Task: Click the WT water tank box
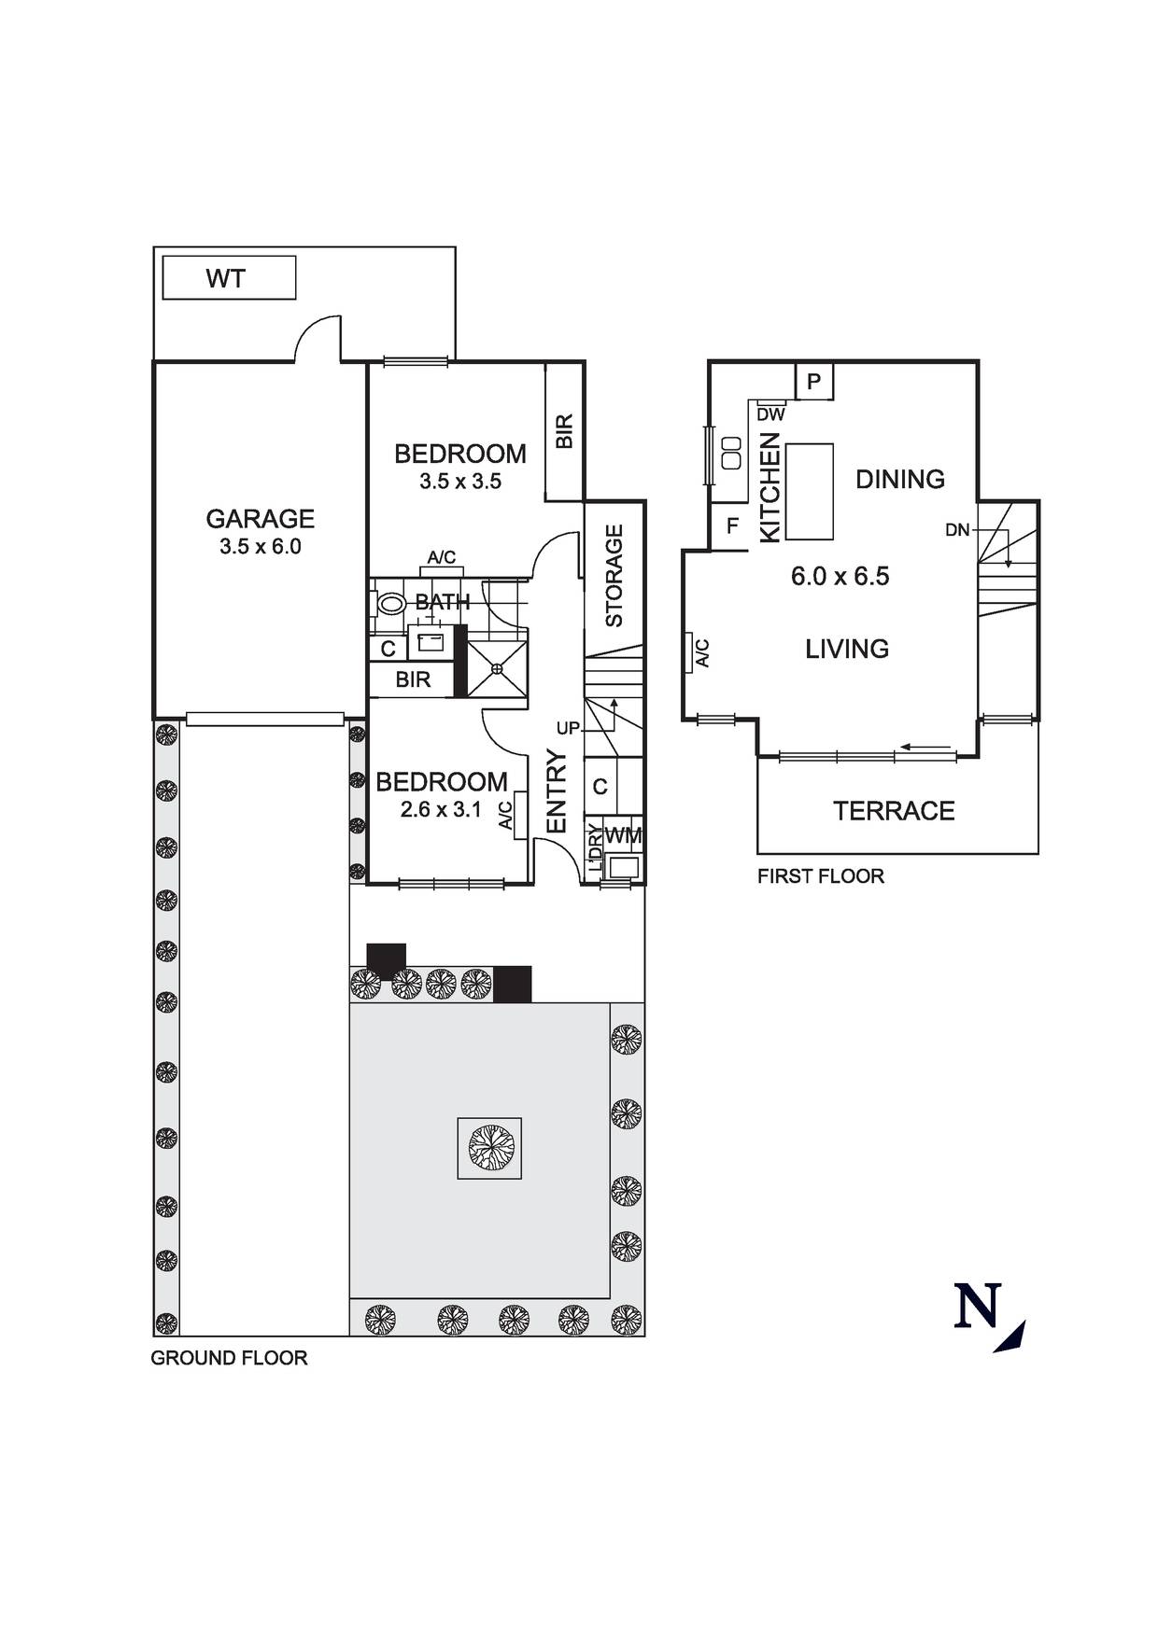(229, 278)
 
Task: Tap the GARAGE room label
(260, 519)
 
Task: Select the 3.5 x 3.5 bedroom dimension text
(460, 482)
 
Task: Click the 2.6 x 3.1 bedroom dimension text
(441, 810)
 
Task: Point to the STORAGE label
(614, 576)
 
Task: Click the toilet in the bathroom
(390, 605)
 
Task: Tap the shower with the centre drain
(497, 669)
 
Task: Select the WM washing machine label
(624, 836)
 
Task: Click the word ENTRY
(557, 791)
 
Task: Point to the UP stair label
(568, 728)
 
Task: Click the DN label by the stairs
(957, 530)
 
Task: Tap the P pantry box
(813, 382)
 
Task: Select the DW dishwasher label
(770, 414)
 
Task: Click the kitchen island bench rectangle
(810, 491)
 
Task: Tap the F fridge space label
(732, 526)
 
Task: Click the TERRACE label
(894, 811)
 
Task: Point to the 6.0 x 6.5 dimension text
(840, 577)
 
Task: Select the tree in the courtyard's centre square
(489, 1148)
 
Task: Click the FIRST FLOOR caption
(820, 876)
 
